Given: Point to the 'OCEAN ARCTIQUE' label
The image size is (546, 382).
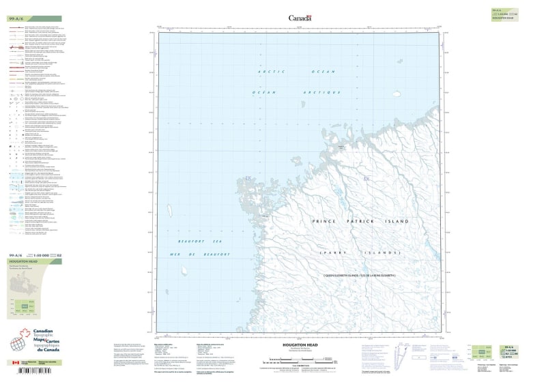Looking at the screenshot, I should (x=296, y=92).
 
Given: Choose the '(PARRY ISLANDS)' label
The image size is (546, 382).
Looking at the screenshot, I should (x=359, y=253).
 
